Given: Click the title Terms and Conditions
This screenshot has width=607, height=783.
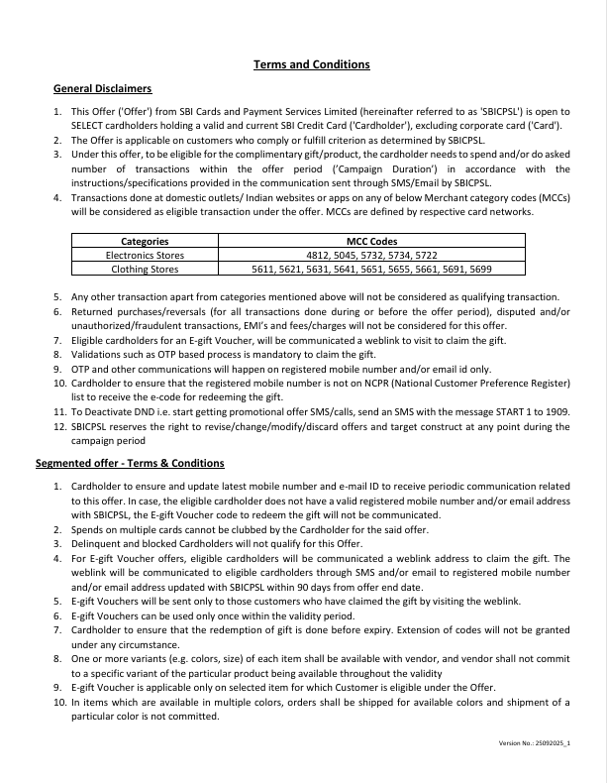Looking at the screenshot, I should (x=312, y=64).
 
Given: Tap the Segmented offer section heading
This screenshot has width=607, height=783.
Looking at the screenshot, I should (x=130, y=463).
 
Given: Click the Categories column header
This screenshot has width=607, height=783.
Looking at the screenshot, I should (x=145, y=241).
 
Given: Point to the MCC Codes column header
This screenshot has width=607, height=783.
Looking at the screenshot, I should (x=371, y=241).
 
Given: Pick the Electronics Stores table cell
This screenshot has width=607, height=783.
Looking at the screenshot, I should (x=145, y=255).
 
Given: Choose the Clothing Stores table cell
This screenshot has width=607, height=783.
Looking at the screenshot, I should (x=145, y=269).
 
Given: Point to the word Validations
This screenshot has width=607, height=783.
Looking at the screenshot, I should (x=98, y=353).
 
